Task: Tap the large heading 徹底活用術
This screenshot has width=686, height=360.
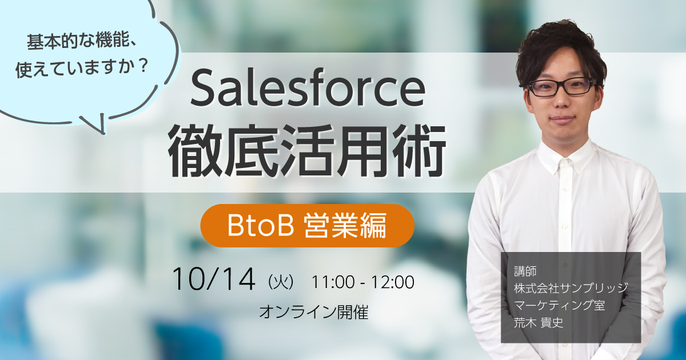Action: pyautogui.click(x=307, y=151)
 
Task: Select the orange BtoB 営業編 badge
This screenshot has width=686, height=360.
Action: pyautogui.click(x=307, y=226)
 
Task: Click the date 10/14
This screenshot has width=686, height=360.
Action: pyautogui.click(x=214, y=279)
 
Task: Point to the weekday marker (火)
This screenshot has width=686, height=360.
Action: pyautogui.click(x=281, y=282)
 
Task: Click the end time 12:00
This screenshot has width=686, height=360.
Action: pyautogui.click(x=393, y=282)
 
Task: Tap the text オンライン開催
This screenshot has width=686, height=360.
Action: pyautogui.click(x=314, y=312)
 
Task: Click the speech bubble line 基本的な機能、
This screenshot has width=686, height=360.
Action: pyautogui.click(x=81, y=41)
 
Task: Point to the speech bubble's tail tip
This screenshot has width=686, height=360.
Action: pyautogui.click(x=104, y=134)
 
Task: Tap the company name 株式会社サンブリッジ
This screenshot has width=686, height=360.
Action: pyautogui.click(x=571, y=288)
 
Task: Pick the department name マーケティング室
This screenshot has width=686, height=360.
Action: pyautogui.click(x=559, y=305)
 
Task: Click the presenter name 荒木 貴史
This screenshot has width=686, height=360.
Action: pyautogui.click(x=539, y=323)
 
